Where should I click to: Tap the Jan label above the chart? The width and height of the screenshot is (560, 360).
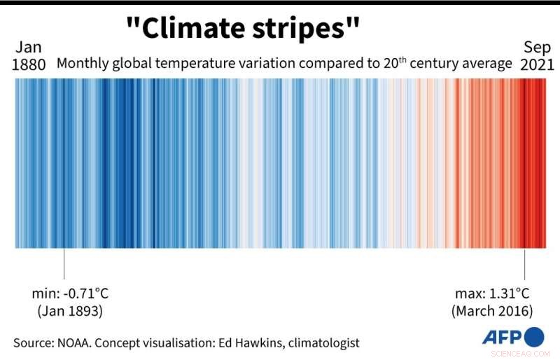click(x=29, y=47)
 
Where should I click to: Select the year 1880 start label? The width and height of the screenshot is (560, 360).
click(x=29, y=65)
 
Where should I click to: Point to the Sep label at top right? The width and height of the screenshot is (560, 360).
click(x=538, y=47)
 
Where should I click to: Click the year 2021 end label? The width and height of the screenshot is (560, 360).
click(x=538, y=65)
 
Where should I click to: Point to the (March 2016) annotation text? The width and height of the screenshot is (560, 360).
click(x=492, y=310)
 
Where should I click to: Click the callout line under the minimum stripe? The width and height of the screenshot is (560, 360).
click(x=64, y=264)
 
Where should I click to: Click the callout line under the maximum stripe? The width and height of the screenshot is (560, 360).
click(x=525, y=264)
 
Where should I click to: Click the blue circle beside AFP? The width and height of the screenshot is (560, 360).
click(x=533, y=336)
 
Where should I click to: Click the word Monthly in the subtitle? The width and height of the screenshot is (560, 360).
click(x=83, y=64)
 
